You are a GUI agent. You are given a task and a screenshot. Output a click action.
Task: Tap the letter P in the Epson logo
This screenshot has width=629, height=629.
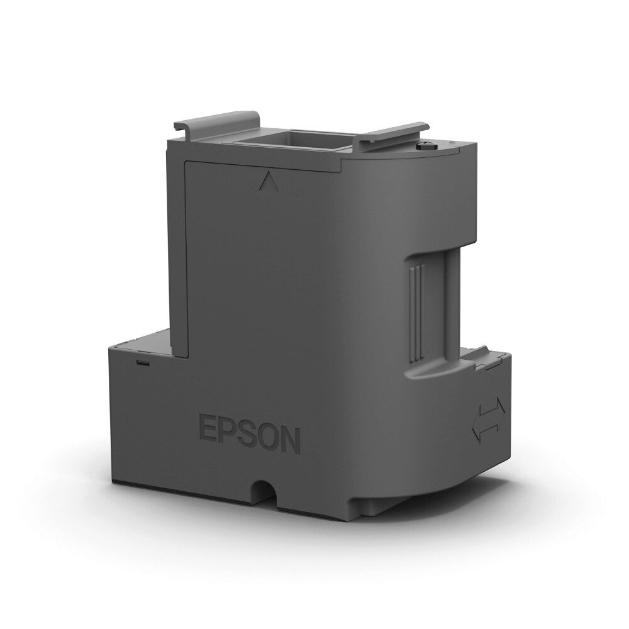[228, 431]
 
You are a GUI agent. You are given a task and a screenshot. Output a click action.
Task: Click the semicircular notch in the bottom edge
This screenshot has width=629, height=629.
[264, 489]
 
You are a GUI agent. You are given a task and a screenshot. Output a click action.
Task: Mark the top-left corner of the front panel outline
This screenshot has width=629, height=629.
[186, 162]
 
